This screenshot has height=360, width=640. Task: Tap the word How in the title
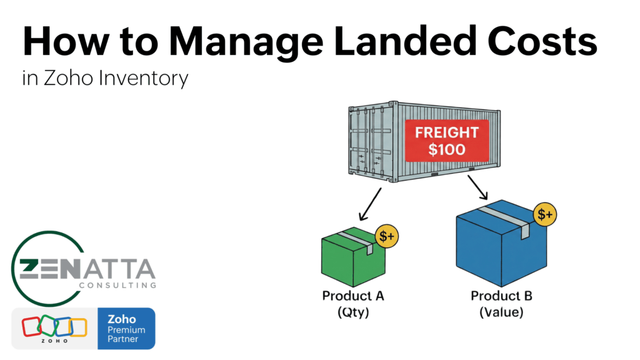tap(60, 43)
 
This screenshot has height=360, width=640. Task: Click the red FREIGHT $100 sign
tap(446, 141)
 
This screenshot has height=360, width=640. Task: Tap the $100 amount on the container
tap(446, 150)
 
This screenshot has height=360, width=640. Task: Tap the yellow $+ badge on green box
tap(388, 236)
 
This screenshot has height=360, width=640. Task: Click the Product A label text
tap(353, 296)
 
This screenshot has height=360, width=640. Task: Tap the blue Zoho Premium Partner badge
tap(126, 328)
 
